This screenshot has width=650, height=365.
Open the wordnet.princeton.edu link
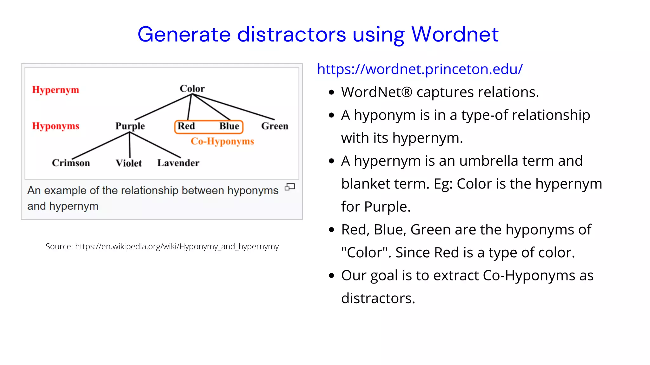420,69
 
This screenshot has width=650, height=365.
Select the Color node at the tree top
192,88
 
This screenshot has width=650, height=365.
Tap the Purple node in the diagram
130,126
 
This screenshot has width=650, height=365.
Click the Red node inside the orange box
186,126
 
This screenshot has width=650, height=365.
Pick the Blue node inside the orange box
229,126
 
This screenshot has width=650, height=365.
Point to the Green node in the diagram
275,126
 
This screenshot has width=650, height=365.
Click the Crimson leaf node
71,163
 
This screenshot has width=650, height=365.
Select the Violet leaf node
129,163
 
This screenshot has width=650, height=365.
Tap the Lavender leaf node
178,163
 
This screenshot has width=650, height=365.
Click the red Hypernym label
56,90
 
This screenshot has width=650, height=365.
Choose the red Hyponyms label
56,126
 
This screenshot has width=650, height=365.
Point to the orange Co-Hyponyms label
222,141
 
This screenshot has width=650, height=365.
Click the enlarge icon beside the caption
289,187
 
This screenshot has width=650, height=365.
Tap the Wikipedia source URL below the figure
177,247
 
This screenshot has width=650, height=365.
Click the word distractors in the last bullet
378,298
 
